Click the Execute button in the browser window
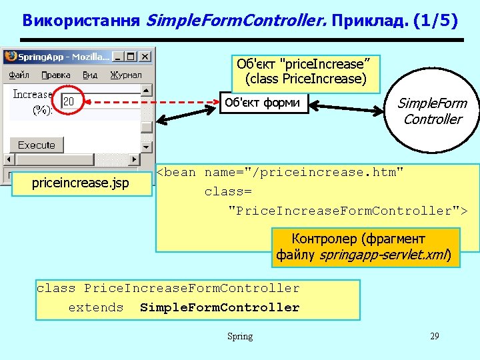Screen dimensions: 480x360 37,145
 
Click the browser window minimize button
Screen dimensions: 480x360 119,57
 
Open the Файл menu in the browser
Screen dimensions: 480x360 19,75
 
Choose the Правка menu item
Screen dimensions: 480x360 56,75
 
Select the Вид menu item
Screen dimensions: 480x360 90,75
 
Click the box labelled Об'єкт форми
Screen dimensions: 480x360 264,103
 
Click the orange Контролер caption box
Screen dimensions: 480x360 365,247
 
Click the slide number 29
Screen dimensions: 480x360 434,336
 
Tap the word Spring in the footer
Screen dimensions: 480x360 240,336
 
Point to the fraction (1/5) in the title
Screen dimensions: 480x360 435,21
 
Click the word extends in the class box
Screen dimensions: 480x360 96,307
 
